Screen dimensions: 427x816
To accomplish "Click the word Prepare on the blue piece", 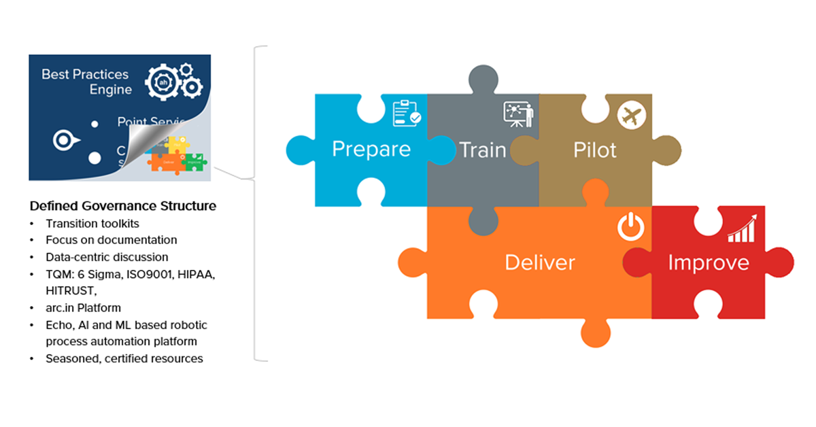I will pos(371,150).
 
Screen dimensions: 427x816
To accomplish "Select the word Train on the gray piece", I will pos(483,150).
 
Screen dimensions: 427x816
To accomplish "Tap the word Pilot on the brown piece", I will pos(595,150).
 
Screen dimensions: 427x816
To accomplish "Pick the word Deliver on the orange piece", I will pos(539,262).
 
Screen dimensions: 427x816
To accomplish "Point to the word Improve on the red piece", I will pos(708,262).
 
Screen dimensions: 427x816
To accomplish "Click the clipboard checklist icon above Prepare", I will pos(407,114).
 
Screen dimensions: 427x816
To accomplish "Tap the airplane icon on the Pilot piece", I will pos(630,115).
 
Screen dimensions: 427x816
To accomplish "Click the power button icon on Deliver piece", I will pos(630,227).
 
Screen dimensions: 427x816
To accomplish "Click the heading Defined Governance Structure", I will pos(122,205).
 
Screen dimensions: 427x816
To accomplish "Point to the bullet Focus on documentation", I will pos(112,240).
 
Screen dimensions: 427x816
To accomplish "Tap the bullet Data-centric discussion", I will pos(107,257).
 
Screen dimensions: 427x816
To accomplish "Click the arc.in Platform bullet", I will pos(84,308).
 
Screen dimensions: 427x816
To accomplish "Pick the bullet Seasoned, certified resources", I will pos(124,358).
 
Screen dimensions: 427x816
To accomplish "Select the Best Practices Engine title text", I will pos(86,82).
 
